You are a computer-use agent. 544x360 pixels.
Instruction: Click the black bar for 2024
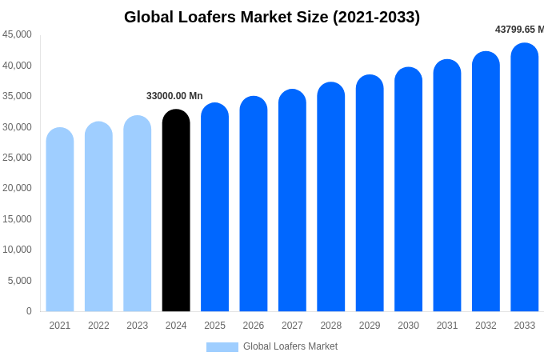(176, 212)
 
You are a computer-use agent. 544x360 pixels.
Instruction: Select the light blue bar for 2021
(60, 220)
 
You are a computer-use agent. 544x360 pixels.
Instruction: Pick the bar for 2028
(331, 198)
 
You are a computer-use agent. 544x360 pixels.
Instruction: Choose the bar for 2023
(138, 214)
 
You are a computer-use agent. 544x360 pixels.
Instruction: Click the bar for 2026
(254, 205)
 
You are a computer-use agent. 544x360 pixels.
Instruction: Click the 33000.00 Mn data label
(174, 96)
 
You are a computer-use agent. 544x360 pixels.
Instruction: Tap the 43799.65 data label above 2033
(519, 30)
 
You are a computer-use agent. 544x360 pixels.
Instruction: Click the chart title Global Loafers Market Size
(272, 17)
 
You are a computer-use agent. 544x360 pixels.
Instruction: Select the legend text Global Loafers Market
(290, 346)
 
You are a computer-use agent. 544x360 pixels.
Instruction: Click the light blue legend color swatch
(222, 347)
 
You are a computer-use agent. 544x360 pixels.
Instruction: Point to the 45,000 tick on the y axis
(17, 34)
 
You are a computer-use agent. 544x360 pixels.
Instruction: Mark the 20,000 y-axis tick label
(17, 188)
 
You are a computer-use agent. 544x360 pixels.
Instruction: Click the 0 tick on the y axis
(29, 311)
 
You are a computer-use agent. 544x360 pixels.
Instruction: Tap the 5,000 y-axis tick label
(20, 281)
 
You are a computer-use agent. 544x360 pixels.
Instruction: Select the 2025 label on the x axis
(214, 326)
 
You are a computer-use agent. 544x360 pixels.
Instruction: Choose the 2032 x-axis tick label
(486, 326)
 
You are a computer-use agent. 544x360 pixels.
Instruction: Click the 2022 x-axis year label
(98, 326)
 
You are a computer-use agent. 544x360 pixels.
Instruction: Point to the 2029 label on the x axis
(370, 326)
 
